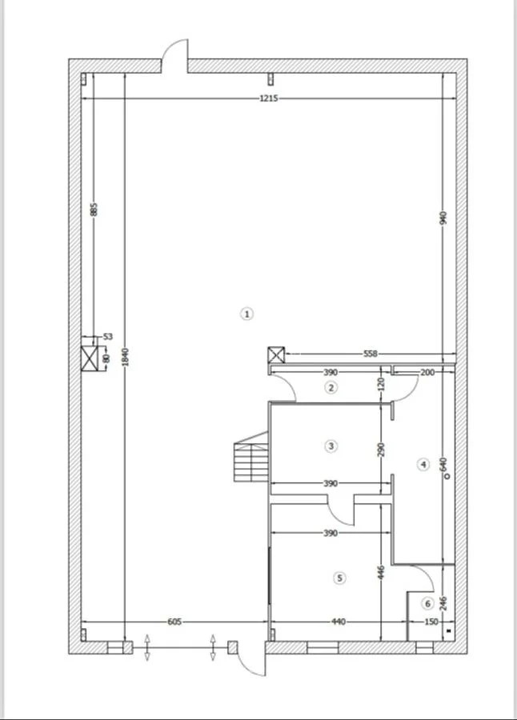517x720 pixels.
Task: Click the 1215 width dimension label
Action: (269, 98)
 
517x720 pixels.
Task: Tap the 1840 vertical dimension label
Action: (126, 358)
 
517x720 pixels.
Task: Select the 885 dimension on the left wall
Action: (94, 210)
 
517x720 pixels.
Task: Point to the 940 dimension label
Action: (443, 218)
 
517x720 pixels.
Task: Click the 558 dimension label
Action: (371, 354)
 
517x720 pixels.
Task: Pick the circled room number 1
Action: (246, 314)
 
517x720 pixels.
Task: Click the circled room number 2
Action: (331, 387)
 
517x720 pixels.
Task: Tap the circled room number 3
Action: (331, 446)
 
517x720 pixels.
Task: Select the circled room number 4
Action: (423, 465)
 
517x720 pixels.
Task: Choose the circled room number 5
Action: (339, 578)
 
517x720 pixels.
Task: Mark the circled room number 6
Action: (428, 603)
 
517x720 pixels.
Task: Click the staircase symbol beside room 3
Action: (251, 457)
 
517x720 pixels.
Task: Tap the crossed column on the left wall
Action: (90, 358)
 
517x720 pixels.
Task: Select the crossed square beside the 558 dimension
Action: (276, 355)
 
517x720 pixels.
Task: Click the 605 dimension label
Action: (174, 622)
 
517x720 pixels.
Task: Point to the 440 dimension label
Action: (339, 622)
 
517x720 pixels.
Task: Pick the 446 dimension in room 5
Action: (381, 573)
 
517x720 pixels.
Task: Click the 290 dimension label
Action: (381, 450)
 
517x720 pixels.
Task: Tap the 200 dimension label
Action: (427, 372)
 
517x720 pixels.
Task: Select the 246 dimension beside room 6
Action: (443, 603)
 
